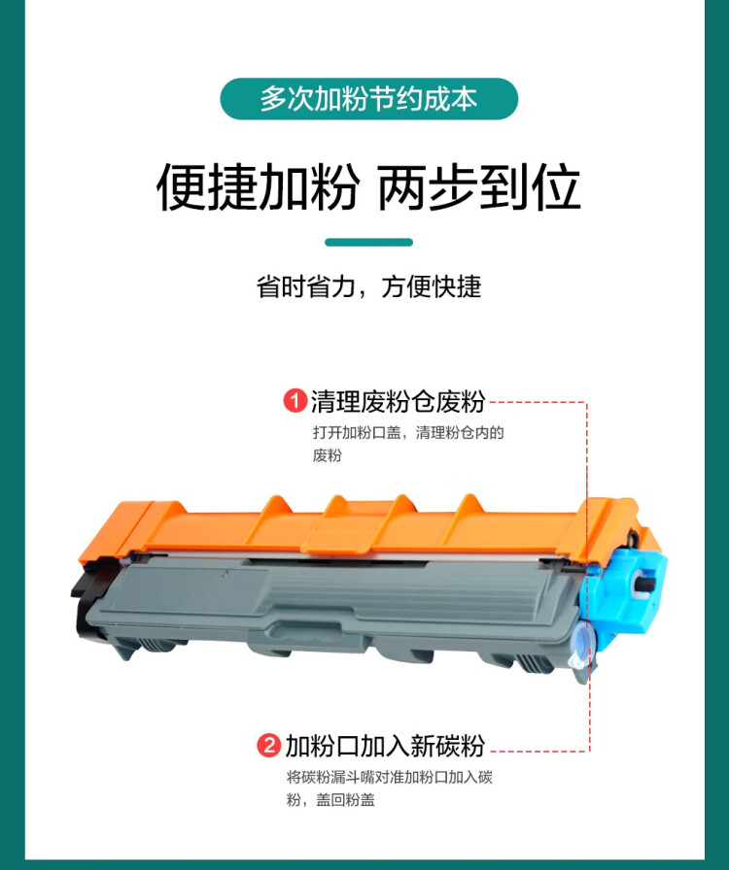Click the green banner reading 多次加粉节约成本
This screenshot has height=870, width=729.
pos(368,99)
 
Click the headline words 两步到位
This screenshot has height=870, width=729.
pos(478,187)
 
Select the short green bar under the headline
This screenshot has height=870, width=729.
pos(368,242)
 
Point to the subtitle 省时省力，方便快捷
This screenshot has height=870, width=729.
pos(368,287)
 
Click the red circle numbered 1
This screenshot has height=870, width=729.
pos(295,401)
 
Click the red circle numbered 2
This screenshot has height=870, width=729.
pos(268,747)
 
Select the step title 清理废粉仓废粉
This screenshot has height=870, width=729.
pos(398,401)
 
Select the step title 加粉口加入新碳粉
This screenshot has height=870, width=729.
pos(384,747)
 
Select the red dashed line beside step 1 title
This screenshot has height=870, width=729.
pos(536,401)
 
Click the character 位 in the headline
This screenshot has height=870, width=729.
pos(556,187)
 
